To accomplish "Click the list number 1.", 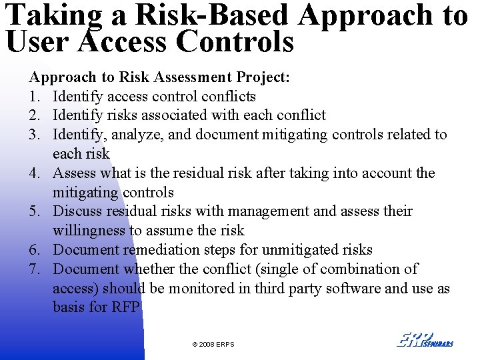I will [x=34, y=96].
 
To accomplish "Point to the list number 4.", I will [x=34, y=173].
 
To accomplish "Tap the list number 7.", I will [x=34, y=269].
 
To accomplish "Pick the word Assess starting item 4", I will [x=75, y=173].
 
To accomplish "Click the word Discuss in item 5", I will [x=77, y=211].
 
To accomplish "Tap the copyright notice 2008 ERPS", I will [x=213, y=344].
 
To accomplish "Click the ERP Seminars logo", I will [x=425, y=339].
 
